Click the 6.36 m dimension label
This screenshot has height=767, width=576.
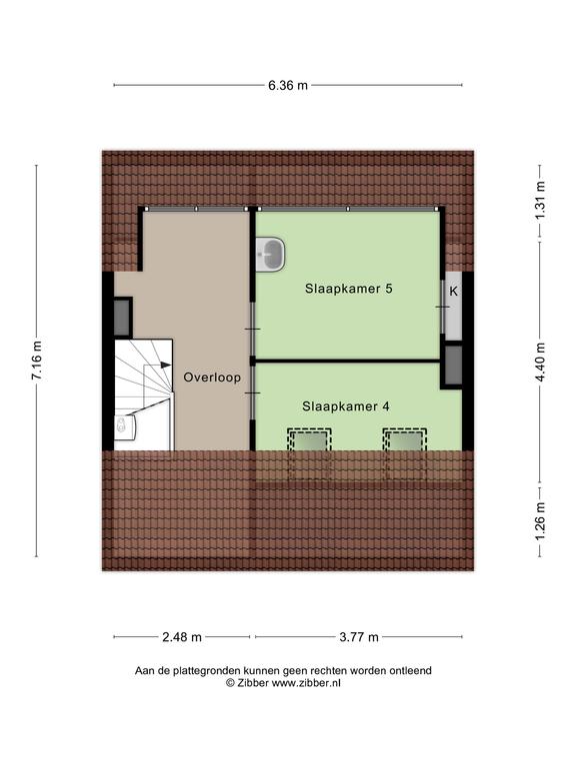[x=288, y=85]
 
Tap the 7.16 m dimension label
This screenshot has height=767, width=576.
[x=37, y=360]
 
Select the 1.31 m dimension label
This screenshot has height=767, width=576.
[x=540, y=201]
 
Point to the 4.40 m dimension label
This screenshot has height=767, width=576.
[x=540, y=362]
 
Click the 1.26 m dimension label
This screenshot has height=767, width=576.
[x=540, y=522]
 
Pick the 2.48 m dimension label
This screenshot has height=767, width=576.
[x=182, y=637]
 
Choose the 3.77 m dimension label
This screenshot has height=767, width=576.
[x=359, y=637]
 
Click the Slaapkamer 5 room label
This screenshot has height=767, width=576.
[x=349, y=289]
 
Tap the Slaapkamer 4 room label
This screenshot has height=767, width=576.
[x=346, y=406]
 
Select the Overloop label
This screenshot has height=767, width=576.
[x=212, y=378]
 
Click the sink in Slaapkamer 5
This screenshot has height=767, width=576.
[x=270, y=255]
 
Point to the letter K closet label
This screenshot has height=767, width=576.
[x=454, y=292]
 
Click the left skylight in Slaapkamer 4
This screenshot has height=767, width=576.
[x=309, y=440]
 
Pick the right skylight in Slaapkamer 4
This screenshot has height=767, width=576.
[x=405, y=440]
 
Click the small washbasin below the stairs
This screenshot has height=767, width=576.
[x=125, y=426]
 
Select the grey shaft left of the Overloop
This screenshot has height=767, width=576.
[x=122, y=317]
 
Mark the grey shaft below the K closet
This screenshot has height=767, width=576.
[x=454, y=366]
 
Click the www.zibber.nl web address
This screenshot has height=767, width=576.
[x=306, y=683]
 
